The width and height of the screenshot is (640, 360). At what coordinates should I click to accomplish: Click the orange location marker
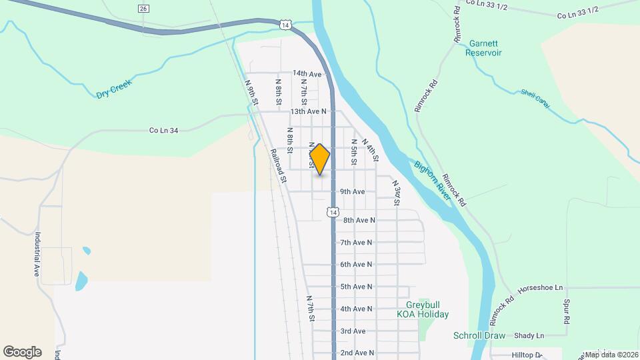[x=320, y=159]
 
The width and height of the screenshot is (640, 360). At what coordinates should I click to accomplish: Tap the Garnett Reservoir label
[x=484, y=48]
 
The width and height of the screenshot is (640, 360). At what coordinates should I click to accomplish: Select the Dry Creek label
[x=115, y=89]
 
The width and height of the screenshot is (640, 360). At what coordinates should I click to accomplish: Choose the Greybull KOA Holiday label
[x=423, y=309]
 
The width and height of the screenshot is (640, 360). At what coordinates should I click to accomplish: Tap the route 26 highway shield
[x=143, y=9]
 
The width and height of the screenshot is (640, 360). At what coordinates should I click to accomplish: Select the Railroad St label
[x=278, y=165]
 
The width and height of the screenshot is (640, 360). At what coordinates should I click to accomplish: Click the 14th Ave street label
[x=307, y=74]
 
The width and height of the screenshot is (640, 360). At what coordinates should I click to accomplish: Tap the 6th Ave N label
[x=357, y=265]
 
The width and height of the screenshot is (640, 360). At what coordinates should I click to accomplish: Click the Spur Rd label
[x=567, y=312]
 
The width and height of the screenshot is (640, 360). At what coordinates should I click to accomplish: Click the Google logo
[x=22, y=351]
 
